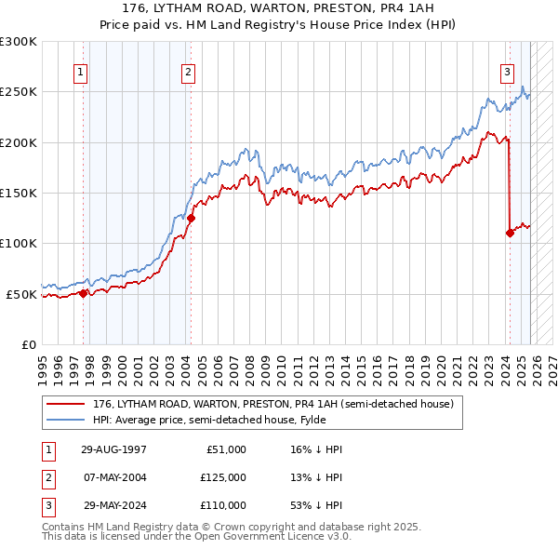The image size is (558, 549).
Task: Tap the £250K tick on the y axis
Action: (19, 92)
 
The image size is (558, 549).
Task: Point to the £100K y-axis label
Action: (19, 244)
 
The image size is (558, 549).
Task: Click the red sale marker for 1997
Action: (84, 293)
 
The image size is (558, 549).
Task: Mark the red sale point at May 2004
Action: (191, 219)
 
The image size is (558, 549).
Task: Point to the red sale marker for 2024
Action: (510, 234)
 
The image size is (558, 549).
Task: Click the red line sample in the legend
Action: (67, 405)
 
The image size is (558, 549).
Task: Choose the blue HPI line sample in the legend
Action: (67, 420)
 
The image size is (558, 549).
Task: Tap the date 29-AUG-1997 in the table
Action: (114, 449)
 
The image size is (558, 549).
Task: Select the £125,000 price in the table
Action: (223, 477)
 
